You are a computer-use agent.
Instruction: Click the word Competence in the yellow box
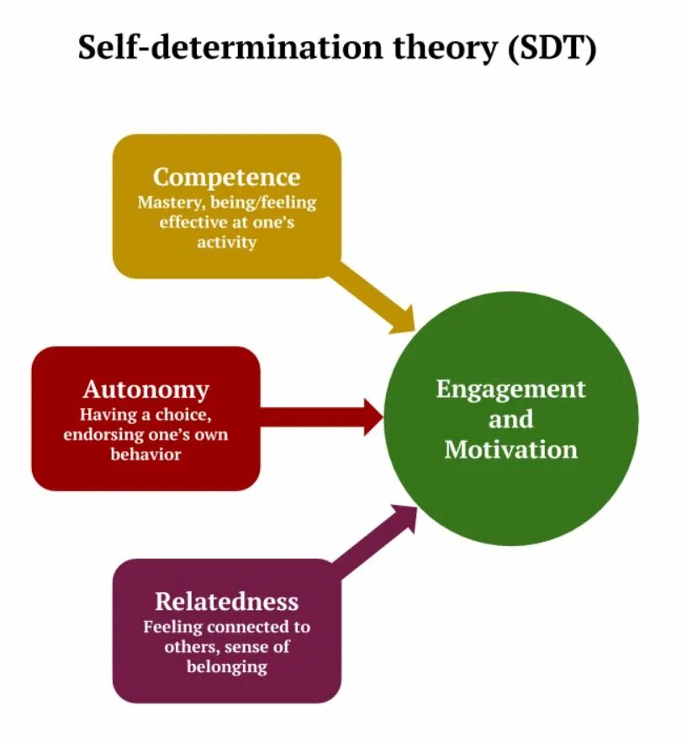coord(226,178)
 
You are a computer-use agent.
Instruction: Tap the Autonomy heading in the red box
coord(145,390)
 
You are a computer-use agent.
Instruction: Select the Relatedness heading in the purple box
coord(226,602)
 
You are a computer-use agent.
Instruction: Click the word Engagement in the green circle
coord(510,390)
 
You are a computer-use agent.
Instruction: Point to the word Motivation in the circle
coord(510,448)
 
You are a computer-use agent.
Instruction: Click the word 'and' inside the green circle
coord(510,419)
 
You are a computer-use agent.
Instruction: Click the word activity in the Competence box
coord(226,242)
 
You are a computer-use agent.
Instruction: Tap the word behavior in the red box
coord(145,454)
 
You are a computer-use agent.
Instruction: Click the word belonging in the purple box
coord(226,667)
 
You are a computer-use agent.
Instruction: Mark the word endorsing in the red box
coord(99,435)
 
